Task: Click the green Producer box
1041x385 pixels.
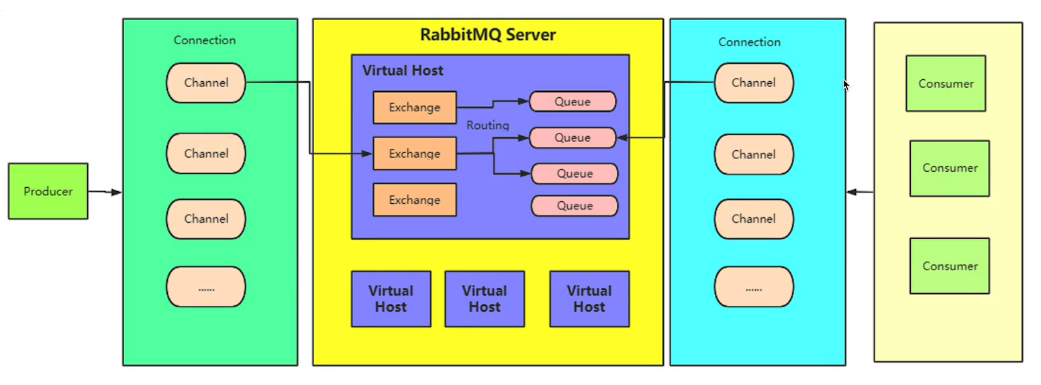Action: pyautogui.click(x=48, y=191)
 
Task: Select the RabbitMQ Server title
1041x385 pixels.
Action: pyautogui.click(x=487, y=35)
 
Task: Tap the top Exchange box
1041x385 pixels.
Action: pyautogui.click(x=414, y=107)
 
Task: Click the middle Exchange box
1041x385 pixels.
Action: pyautogui.click(x=414, y=154)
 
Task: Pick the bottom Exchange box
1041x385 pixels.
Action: pyautogui.click(x=414, y=200)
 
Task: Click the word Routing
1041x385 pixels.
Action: pyautogui.click(x=487, y=125)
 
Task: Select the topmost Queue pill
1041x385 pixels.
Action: pyautogui.click(x=572, y=101)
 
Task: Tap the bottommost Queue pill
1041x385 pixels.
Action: pyautogui.click(x=574, y=206)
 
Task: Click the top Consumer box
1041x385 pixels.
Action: pyautogui.click(x=945, y=84)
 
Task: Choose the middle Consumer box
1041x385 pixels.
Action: pyautogui.click(x=949, y=168)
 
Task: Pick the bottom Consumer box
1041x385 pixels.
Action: pyautogui.click(x=949, y=266)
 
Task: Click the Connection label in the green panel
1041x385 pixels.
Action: pyautogui.click(x=205, y=40)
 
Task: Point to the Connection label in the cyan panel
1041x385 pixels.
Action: pyautogui.click(x=749, y=42)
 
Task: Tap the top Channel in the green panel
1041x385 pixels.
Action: pyautogui.click(x=206, y=83)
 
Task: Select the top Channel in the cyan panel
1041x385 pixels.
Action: pyautogui.click(x=753, y=83)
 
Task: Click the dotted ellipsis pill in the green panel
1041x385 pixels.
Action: pyautogui.click(x=206, y=287)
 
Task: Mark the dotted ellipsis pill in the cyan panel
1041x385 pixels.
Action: pyautogui.click(x=753, y=288)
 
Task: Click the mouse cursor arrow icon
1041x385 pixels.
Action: pyautogui.click(x=846, y=85)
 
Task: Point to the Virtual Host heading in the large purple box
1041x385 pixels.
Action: pyautogui.click(x=403, y=70)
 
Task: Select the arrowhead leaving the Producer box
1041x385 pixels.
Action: pyautogui.click(x=117, y=192)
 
